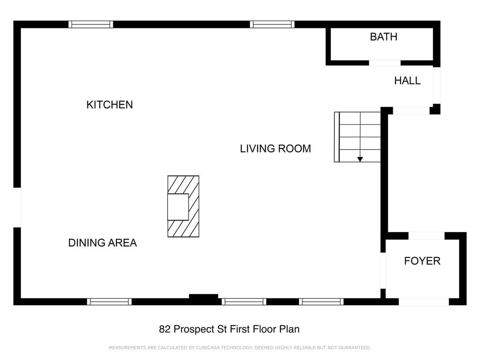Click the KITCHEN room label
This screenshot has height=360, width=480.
point(110,105)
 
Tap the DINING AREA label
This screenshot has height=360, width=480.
point(102,243)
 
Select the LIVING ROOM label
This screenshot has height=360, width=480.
point(275,149)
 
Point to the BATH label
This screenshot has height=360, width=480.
point(384,37)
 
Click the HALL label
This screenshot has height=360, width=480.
point(407,81)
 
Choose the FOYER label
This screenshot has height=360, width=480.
point(422,261)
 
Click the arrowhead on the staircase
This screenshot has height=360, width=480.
point(360,159)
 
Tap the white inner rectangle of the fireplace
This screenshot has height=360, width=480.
point(178,207)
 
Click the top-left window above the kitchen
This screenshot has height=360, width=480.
point(91,24)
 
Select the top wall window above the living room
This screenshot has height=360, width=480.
point(272,24)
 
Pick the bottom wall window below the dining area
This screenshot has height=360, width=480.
point(109,302)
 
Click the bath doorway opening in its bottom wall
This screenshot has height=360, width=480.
point(385,63)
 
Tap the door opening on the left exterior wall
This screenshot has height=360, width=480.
point(17,208)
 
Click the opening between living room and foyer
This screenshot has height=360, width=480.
point(383,271)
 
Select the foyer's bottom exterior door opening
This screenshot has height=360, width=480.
point(424,302)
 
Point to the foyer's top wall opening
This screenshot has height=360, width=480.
point(426,236)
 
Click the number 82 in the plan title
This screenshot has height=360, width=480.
point(165,329)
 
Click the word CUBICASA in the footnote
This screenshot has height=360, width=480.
point(208,348)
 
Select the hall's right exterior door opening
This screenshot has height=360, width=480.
point(436,86)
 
